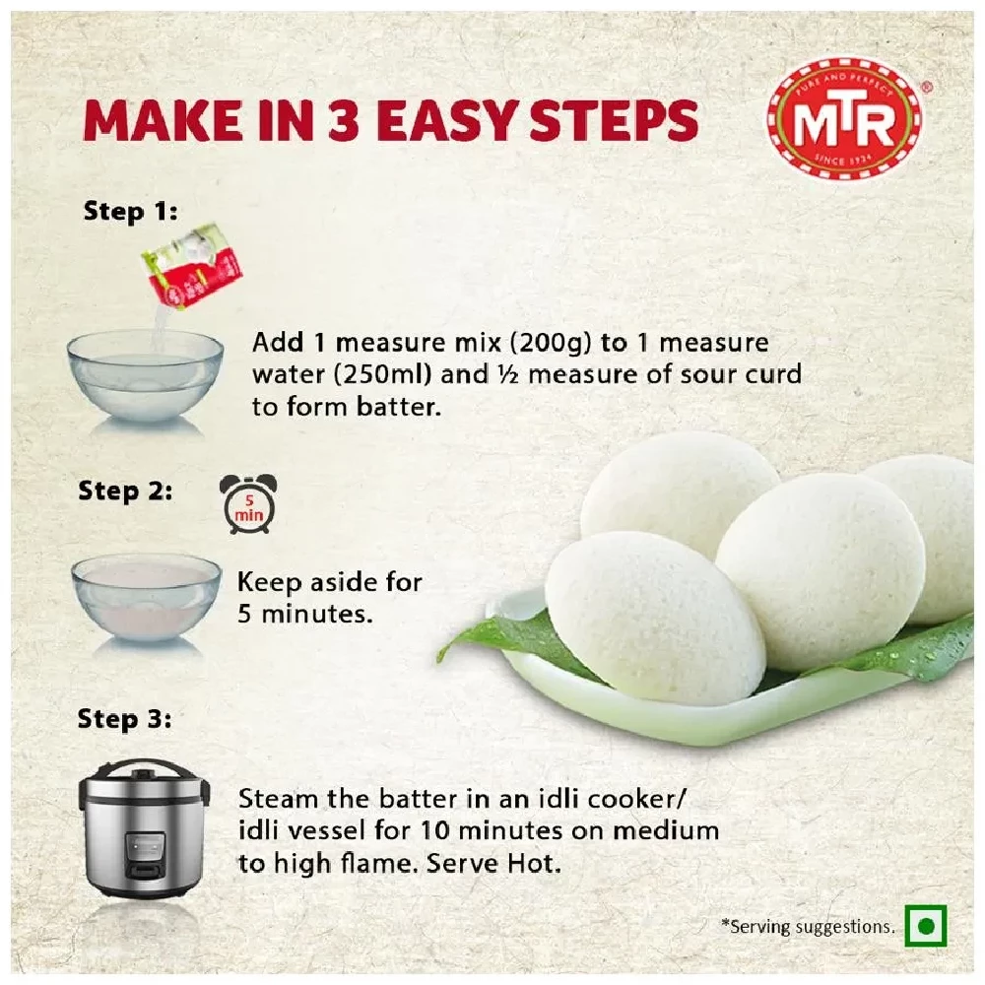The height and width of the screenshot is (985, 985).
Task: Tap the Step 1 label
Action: (x=130, y=211)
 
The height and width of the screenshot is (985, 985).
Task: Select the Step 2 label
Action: (x=125, y=491)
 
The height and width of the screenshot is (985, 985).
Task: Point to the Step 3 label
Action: (x=124, y=720)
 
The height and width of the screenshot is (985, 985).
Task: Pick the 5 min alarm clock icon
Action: (x=247, y=504)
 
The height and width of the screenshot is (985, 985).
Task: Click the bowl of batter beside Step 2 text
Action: (x=147, y=596)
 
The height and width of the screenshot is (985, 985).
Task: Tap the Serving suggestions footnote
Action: (x=808, y=926)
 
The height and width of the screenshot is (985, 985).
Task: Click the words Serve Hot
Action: (x=504, y=864)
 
